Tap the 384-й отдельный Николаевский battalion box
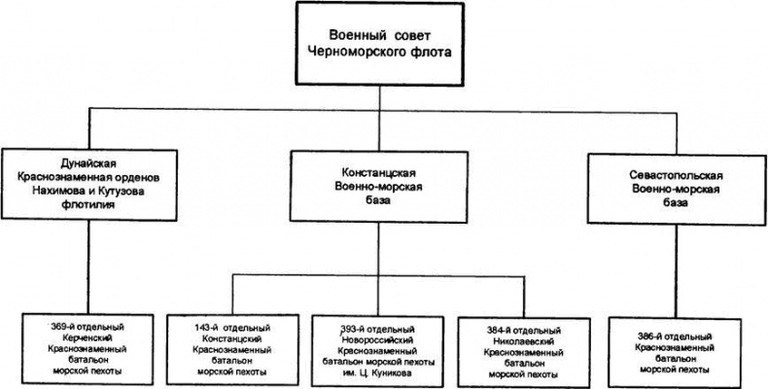(x=523, y=344)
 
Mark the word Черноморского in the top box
(x=365, y=52)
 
